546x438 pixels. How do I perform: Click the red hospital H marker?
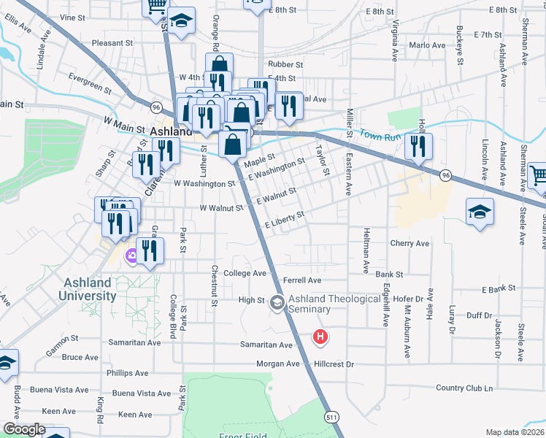pos(320,337)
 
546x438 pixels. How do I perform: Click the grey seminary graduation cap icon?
pos(277,301)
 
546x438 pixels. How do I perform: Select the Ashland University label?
pos(87,289)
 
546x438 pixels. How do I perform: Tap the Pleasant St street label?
pos(112,43)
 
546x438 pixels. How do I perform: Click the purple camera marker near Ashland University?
pos(132,255)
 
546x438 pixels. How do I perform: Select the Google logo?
pos(24,429)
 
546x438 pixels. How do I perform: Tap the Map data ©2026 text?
pos(515,432)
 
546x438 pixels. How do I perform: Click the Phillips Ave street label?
pos(127,372)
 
